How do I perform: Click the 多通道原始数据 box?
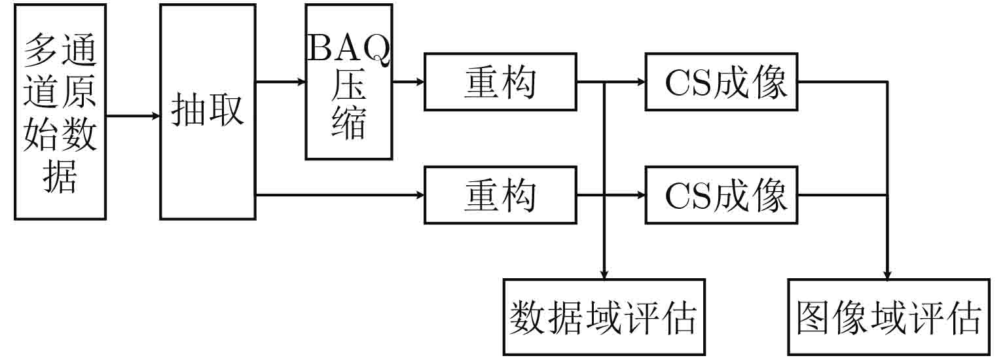pos(60,111)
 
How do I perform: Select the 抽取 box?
pos(208,111)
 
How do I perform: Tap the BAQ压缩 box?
pos(349,82)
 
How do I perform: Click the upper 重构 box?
pos(500,82)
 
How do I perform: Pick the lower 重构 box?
pos(500,194)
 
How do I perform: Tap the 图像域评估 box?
pos(888,317)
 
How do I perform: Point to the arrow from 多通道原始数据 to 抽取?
pos(134,117)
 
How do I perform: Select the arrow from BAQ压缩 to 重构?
pos(409,82)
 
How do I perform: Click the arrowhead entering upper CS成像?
pos(641,82)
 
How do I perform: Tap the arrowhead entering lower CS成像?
pos(641,194)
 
